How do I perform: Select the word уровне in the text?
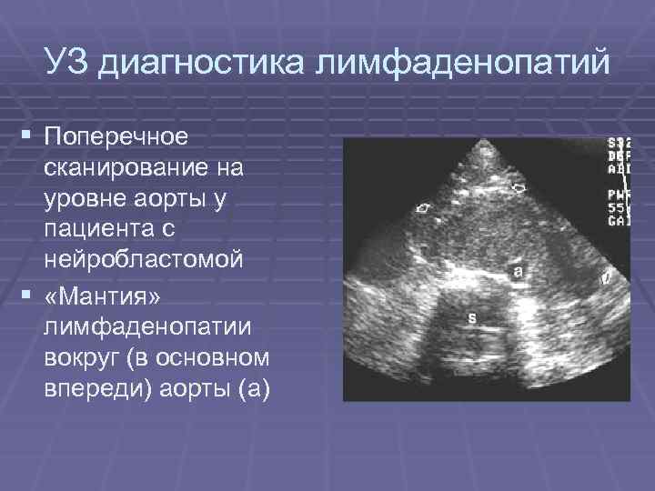coord(86,198)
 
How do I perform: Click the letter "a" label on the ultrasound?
coord(518,270)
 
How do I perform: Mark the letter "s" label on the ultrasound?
coord(471,317)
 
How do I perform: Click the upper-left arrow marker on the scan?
coord(422,208)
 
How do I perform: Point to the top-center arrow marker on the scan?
coord(519,187)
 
